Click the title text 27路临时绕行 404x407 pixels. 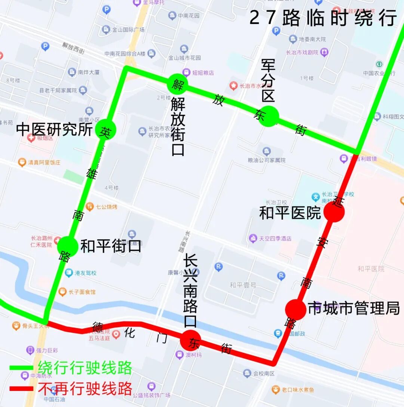coord(323,18)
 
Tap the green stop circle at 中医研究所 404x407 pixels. coord(105,130)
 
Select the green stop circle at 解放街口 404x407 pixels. coord(177,83)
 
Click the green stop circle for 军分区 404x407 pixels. coord(269,116)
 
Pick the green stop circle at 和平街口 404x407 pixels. coord(68,246)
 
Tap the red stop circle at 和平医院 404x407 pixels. coord(334,212)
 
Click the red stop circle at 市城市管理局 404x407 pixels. coord(296,309)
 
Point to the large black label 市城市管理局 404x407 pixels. coord(353,309)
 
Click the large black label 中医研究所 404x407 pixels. coord(55,130)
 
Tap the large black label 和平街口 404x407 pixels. coord(111,246)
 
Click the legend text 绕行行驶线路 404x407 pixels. coord(85,368)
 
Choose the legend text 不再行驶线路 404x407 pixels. coord(85,389)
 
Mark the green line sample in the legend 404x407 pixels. coord(21,368)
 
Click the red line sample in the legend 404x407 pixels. coord(21,389)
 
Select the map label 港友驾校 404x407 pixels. coord(85,273)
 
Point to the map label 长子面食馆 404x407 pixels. coord(82,292)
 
